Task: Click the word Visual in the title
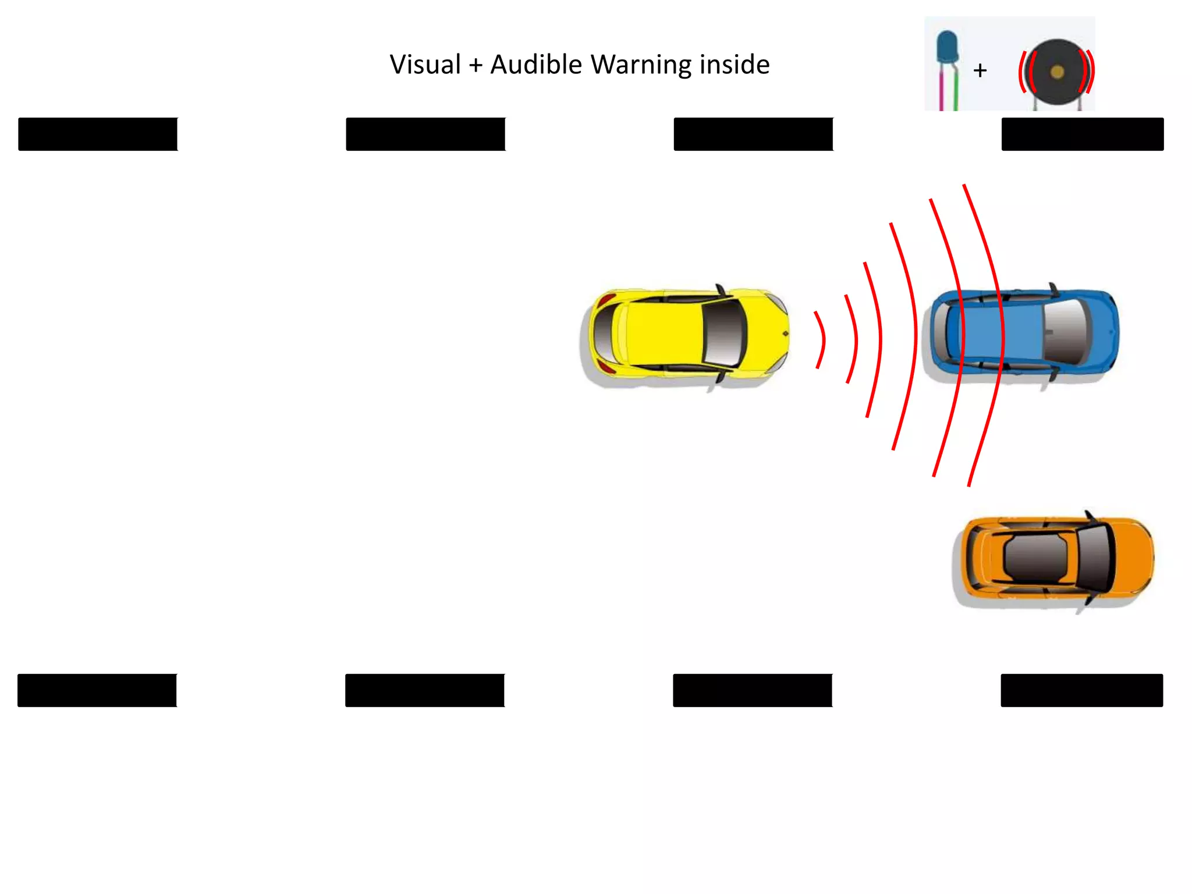[x=425, y=65]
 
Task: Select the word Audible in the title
[x=535, y=65]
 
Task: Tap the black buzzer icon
[x=1057, y=72]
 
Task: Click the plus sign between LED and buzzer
[x=980, y=70]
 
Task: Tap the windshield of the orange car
[x=1094, y=558]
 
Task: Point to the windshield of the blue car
[x=1066, y=332]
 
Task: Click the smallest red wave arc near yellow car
[x=821, y=340]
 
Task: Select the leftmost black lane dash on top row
[x=98, y=134]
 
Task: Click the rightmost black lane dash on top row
[x=1082, y=134]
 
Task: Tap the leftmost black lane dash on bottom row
[x=97, y=690]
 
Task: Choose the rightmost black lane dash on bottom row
[x=1081, y=690]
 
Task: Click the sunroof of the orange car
[x=1036, y=558]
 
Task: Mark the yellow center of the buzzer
[x=1058, y=72]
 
